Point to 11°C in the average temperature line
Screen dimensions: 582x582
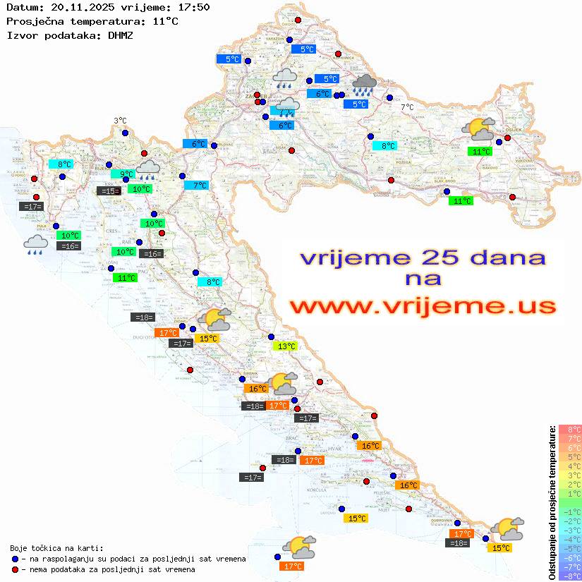pos(165,21)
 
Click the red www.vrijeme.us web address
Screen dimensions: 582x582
pos(423,306)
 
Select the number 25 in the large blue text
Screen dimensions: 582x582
pos(434,257)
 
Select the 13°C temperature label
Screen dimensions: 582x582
pos(286,346)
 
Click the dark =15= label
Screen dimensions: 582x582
pos(108,190)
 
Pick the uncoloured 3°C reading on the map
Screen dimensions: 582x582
pos(120,121)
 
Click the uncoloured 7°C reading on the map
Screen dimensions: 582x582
pos(408,107)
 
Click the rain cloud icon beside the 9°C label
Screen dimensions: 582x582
pos(148,168)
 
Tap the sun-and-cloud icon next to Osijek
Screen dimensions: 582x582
pos(478,130)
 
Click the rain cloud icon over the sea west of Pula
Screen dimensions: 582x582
pos(35,245)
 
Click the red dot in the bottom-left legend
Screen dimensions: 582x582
pos(16,569)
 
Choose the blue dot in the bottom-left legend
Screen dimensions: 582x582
pos(16,558)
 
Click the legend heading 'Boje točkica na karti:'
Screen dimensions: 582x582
pos(56,548)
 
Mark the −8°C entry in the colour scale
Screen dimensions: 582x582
pos(569,576)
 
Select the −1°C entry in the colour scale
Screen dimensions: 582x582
pos(569,511)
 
